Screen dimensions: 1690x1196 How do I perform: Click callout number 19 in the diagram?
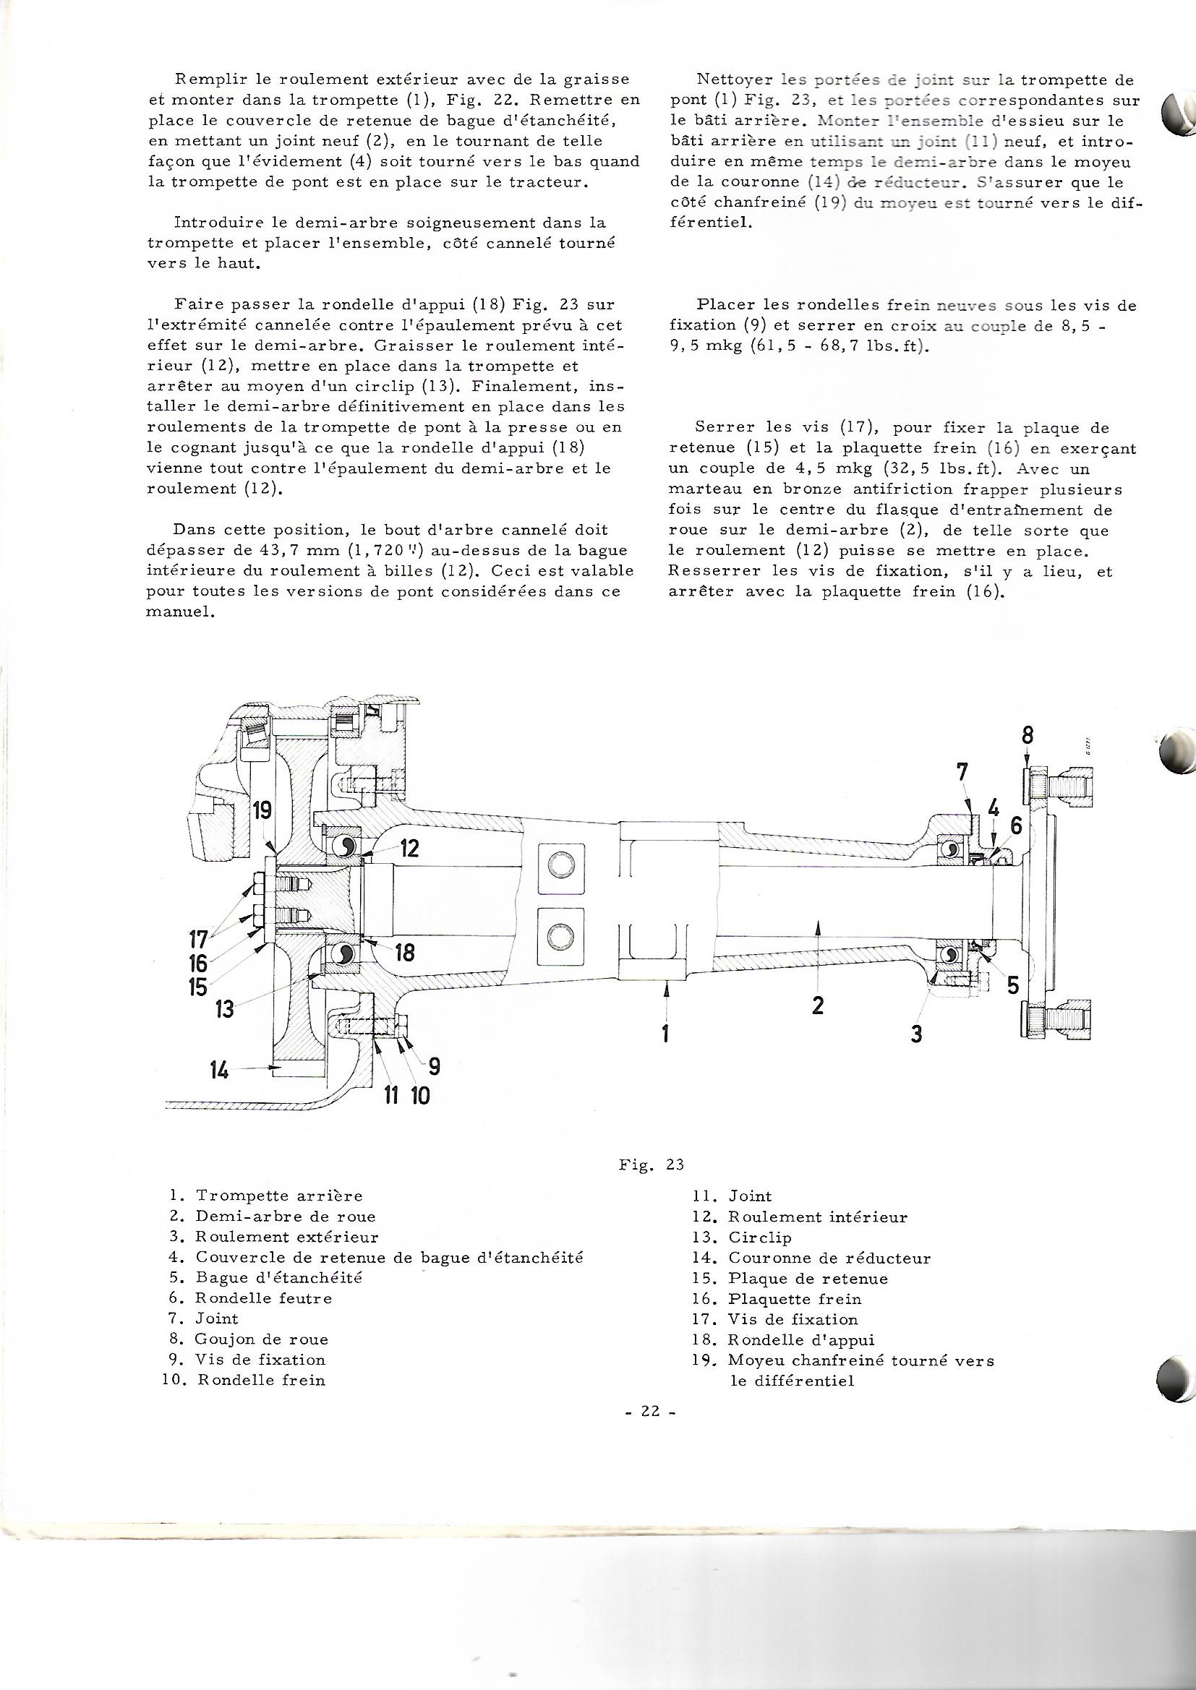point(262,811)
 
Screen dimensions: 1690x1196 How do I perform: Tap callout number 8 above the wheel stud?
point(1028,735)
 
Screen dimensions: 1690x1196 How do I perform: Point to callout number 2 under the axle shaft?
point(818,1005)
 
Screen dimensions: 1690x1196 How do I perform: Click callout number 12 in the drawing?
point(409,849)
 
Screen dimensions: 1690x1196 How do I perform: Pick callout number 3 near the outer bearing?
point(916,1034)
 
